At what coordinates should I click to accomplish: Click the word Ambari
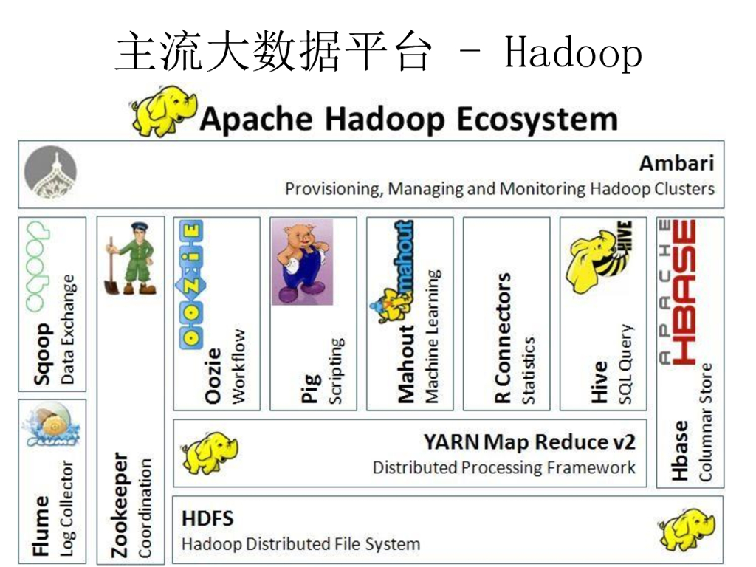point(676,163)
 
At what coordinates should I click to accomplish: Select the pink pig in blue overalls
point(302,261)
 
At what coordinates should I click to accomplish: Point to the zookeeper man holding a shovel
point(131,258)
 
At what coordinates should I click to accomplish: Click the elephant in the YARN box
point(210,452)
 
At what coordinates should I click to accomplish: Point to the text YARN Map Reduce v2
point(529,442)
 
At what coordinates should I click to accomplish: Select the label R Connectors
point(504,338)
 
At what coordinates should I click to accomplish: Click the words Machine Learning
point(433,336)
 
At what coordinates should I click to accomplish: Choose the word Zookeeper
point(120,505)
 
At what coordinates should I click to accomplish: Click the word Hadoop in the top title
point(572,52)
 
